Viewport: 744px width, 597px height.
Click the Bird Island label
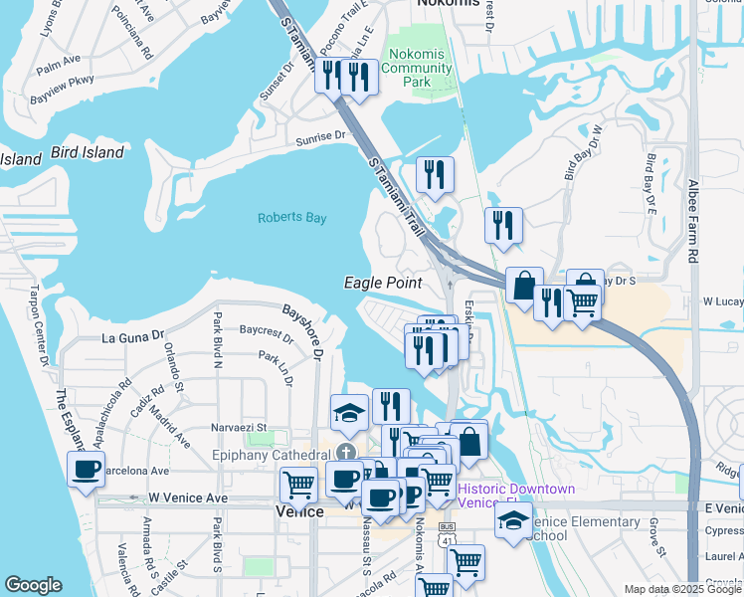tap(87, 152)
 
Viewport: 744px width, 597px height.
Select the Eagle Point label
tap(383, 283)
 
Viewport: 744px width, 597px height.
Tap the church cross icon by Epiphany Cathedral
tap(346, 454)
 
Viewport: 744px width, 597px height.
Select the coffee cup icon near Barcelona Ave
tap(86, 468)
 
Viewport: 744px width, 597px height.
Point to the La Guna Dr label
tap(131, 338)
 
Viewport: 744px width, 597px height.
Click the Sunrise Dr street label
tap(319, 136)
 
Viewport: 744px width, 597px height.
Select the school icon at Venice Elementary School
tap(513, 521)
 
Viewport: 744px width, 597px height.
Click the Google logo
tap(33, 585)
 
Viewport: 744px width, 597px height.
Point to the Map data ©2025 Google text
tap(681, 589)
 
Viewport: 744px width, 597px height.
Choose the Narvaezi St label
tap(239, 428)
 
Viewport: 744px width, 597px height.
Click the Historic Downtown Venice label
tap(516, 496)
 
